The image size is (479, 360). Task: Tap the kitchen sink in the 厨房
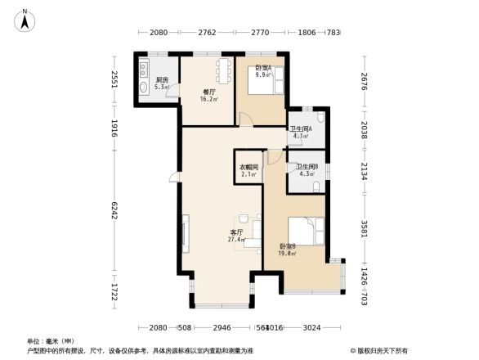click(x=145, y=67)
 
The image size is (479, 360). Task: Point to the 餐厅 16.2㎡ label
click(x=208, y=95)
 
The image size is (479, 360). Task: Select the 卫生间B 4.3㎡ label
click(x=307, y=170)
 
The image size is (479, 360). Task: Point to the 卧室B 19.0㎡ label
click(x=287, y=250)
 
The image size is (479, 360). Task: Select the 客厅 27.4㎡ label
click(x=237, y=236)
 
